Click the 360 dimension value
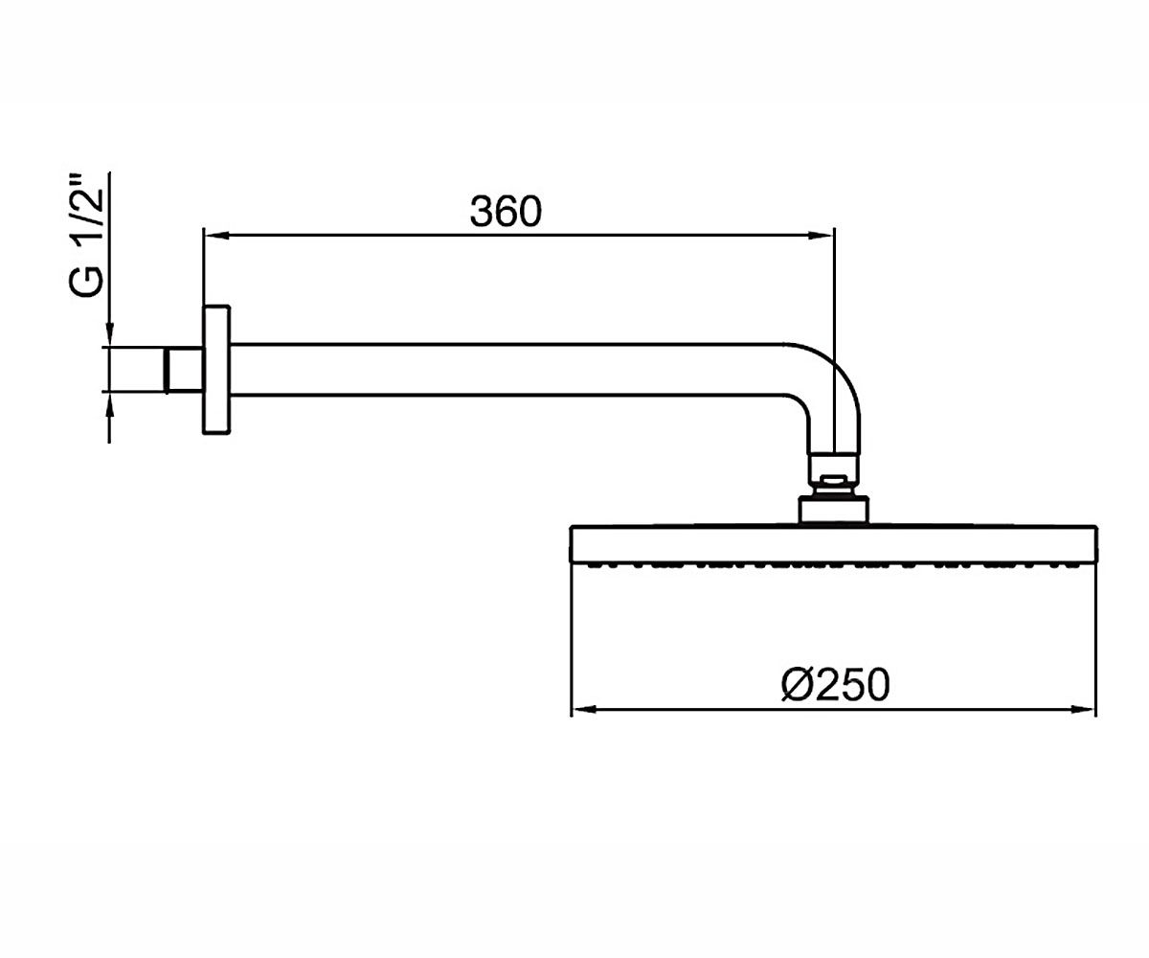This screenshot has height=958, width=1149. [x=506, y=212]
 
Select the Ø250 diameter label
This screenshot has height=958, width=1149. [x=835, y=685]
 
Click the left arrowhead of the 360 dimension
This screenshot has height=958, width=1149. [x=215, y=236]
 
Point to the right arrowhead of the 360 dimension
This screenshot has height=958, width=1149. [x=822, y=236]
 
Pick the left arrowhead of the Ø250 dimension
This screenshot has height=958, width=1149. [x=584, y=709]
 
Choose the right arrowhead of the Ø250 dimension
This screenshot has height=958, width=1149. [x=1084, y=709]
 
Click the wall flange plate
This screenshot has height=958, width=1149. [x=216, y=370]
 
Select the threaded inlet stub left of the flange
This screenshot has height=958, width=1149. [x=184, y=370]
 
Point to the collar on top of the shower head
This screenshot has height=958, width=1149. [x=834, y=511]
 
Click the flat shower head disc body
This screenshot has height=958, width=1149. [x=834, y=544]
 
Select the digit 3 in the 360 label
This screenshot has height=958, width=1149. [x=482, y=212]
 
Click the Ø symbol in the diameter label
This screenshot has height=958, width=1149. [x=796, y=686]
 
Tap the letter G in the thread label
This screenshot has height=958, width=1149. [x=86, y=283]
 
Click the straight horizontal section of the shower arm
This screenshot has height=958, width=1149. [x=507, y=370]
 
